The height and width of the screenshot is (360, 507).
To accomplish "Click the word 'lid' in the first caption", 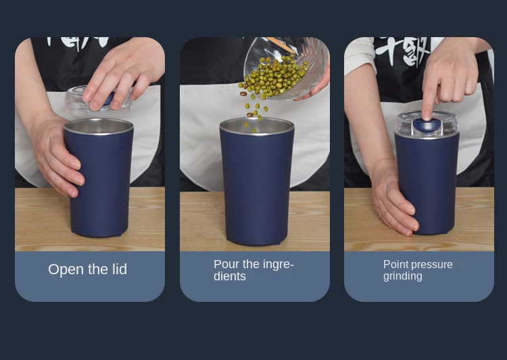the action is pyautogui.click(x=120, y=269).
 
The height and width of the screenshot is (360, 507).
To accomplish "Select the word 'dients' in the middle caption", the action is pyautogui.click(x=230, y=276).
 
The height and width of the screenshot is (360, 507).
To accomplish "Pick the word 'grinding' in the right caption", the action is pyautogui.click(x=403, y=276).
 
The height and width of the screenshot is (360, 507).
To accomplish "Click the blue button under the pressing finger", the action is pyautogui.click(x=427, y=125).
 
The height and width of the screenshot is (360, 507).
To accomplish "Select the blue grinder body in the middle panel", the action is pyautogui.click(x=257, y=188).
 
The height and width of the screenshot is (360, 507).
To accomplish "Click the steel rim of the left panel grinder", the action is pyautogui.click(x=99, y=126).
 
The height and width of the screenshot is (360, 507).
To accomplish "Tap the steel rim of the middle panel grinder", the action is pyautogui.click(x=257, y=126).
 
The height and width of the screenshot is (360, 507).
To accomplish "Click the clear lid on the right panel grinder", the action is pyautogui.click(x=427, y=124).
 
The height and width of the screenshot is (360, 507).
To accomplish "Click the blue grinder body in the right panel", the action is pyautogui.click(x=430, y=184).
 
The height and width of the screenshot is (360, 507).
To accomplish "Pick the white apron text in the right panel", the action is pyautogui.click(x=403, y=50).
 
